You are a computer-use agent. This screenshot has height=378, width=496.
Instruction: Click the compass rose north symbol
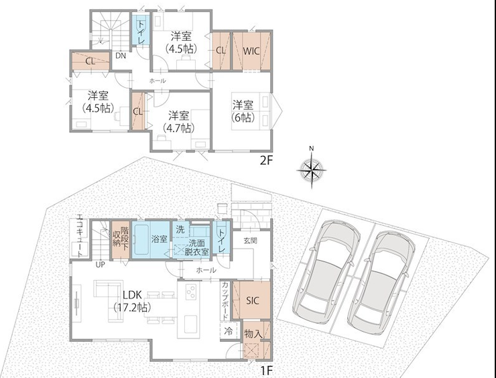coord(312,169)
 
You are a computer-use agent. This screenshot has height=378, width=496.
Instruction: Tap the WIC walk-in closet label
coord(251,51)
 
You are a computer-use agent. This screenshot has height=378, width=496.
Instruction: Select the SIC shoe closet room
coord(251,300)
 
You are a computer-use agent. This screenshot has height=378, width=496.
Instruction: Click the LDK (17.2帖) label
coord(132,301)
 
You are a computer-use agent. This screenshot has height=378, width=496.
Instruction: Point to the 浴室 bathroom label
coord(159,239)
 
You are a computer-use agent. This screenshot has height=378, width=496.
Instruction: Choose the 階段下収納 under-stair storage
coord(121,240)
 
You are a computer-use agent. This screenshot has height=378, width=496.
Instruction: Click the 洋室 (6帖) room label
coord(243,111)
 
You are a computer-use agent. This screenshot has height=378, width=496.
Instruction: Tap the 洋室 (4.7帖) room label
coord(178,121)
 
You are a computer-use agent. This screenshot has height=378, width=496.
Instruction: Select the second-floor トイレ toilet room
coord(141,30)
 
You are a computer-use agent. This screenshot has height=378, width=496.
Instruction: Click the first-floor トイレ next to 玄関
coord(221,237)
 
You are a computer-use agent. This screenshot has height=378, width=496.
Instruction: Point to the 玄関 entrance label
coord(250,241)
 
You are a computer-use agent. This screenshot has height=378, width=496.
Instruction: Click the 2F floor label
coord(266,161)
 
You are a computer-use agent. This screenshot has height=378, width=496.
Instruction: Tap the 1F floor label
coord(265,371)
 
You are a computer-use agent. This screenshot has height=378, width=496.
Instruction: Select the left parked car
coord(327,271)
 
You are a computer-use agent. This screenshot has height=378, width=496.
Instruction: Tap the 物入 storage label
coord(253,333)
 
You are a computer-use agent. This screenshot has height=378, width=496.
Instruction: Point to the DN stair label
coord(120,56)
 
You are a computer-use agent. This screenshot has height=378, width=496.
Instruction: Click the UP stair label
coord(100,265)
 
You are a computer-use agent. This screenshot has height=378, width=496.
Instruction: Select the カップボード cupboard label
coord(225,300)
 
